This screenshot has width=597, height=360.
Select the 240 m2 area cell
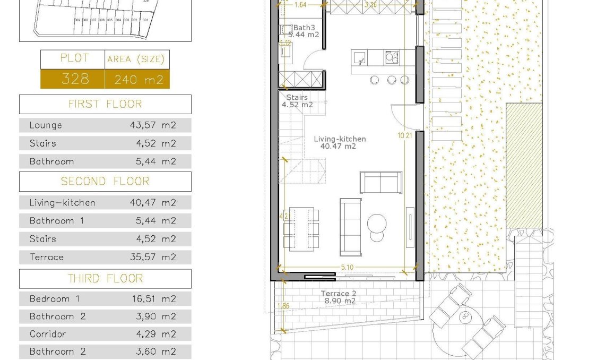[137, 80]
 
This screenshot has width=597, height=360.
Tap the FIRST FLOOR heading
[105, 104]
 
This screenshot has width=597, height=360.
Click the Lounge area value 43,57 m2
[153, 126]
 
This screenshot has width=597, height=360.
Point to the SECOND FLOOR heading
[105, 181]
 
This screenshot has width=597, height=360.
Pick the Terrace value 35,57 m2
[153, 257]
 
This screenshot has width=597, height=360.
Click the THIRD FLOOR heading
[105, 278]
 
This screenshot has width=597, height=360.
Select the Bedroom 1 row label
[55, 299]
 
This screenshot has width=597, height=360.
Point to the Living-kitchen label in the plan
[340, 139]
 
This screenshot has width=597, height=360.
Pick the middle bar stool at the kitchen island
[392, 80]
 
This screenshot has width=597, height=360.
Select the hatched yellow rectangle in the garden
[524, 165]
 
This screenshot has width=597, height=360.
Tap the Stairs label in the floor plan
[297, 98]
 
